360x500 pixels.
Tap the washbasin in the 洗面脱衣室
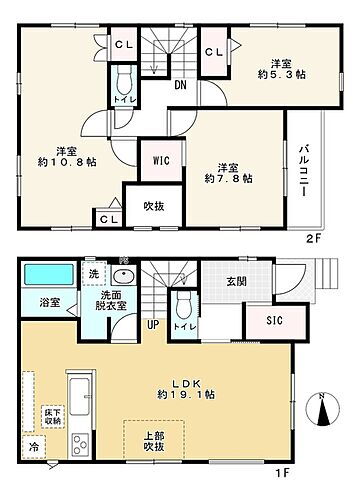coord(125,276)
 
